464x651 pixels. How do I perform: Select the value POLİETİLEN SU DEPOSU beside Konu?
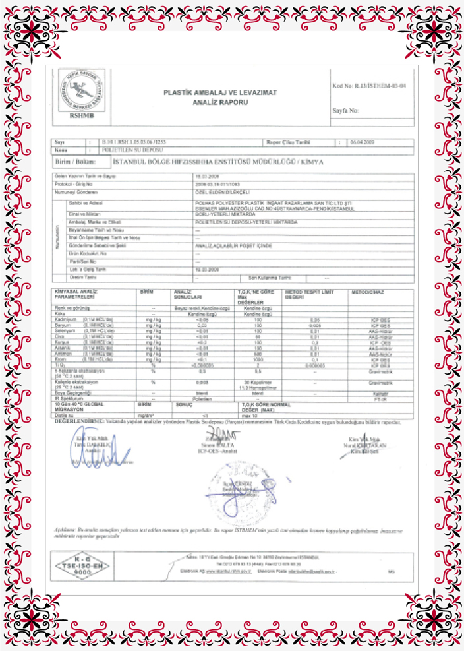(x=125, y=150)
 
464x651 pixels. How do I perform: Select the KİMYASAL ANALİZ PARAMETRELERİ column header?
(x=75, y=294)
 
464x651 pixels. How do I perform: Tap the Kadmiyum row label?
(x=65, y=319)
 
